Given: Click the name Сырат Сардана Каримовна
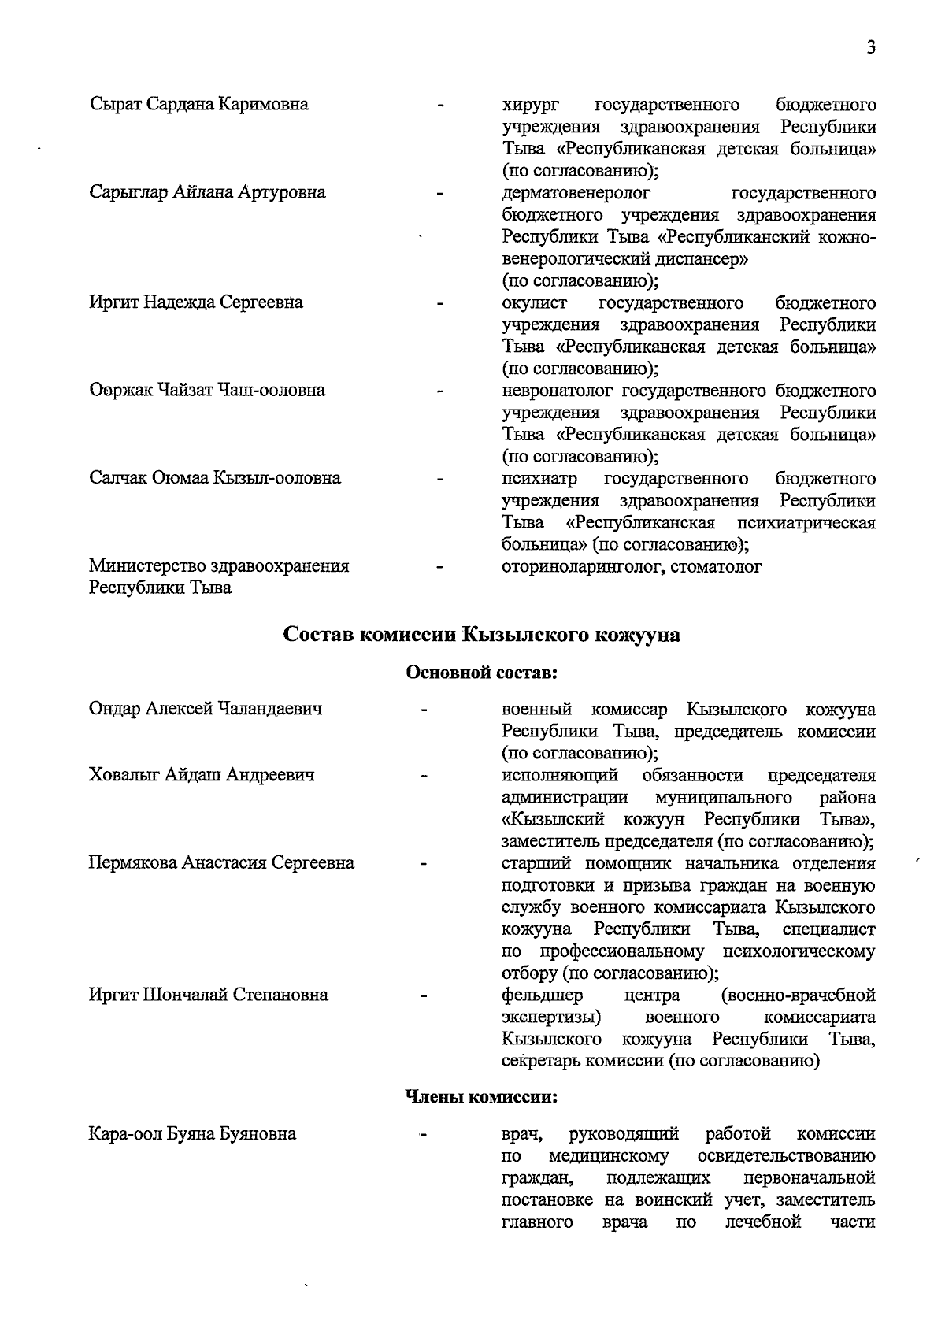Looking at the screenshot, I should click(198, 104).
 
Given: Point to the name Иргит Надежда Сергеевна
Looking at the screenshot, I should click(196, 302).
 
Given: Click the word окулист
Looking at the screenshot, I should click(534, 303).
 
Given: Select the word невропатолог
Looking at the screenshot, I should click(558, 391).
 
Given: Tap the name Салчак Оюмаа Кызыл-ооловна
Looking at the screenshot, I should click(215, 478).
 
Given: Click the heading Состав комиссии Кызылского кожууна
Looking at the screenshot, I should click(481, 635).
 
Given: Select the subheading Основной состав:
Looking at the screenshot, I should click(481, 673).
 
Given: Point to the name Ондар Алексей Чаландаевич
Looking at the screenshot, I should click(206, 709).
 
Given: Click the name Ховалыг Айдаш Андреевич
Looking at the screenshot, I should click(202, 775).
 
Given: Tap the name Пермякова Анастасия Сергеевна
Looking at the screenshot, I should click(221, 862).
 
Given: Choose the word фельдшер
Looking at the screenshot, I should click(542, 995).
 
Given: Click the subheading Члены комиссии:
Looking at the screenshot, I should click(481, 1096).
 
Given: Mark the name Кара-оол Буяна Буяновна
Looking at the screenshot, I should click(193, 1134).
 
